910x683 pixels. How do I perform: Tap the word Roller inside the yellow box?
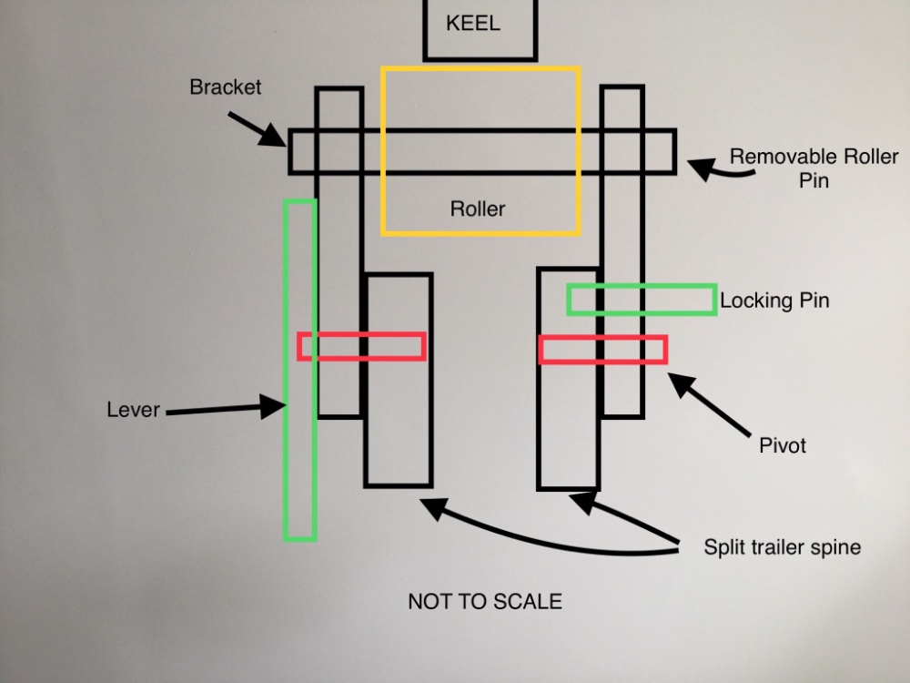[x=477, y=209]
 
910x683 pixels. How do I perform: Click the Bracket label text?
[x=225, y=87]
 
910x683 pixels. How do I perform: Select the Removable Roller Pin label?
[x=814, y=168]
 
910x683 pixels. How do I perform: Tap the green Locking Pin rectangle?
[x=641, y=300]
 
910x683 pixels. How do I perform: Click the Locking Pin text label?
[x=774, y=301]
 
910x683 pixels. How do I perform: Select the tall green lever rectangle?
[x=299, y=455]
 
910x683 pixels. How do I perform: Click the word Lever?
[x=133, y=410]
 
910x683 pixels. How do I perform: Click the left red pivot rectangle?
[x=362, y=346]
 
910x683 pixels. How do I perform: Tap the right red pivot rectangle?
[x=602, y=350]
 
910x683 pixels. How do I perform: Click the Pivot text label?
[x=783, y=446]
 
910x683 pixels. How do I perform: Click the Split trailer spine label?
[x=782, y=547]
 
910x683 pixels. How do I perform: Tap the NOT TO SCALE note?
[x=484, y=602]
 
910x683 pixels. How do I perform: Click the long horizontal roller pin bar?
[x=482, y=151]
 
